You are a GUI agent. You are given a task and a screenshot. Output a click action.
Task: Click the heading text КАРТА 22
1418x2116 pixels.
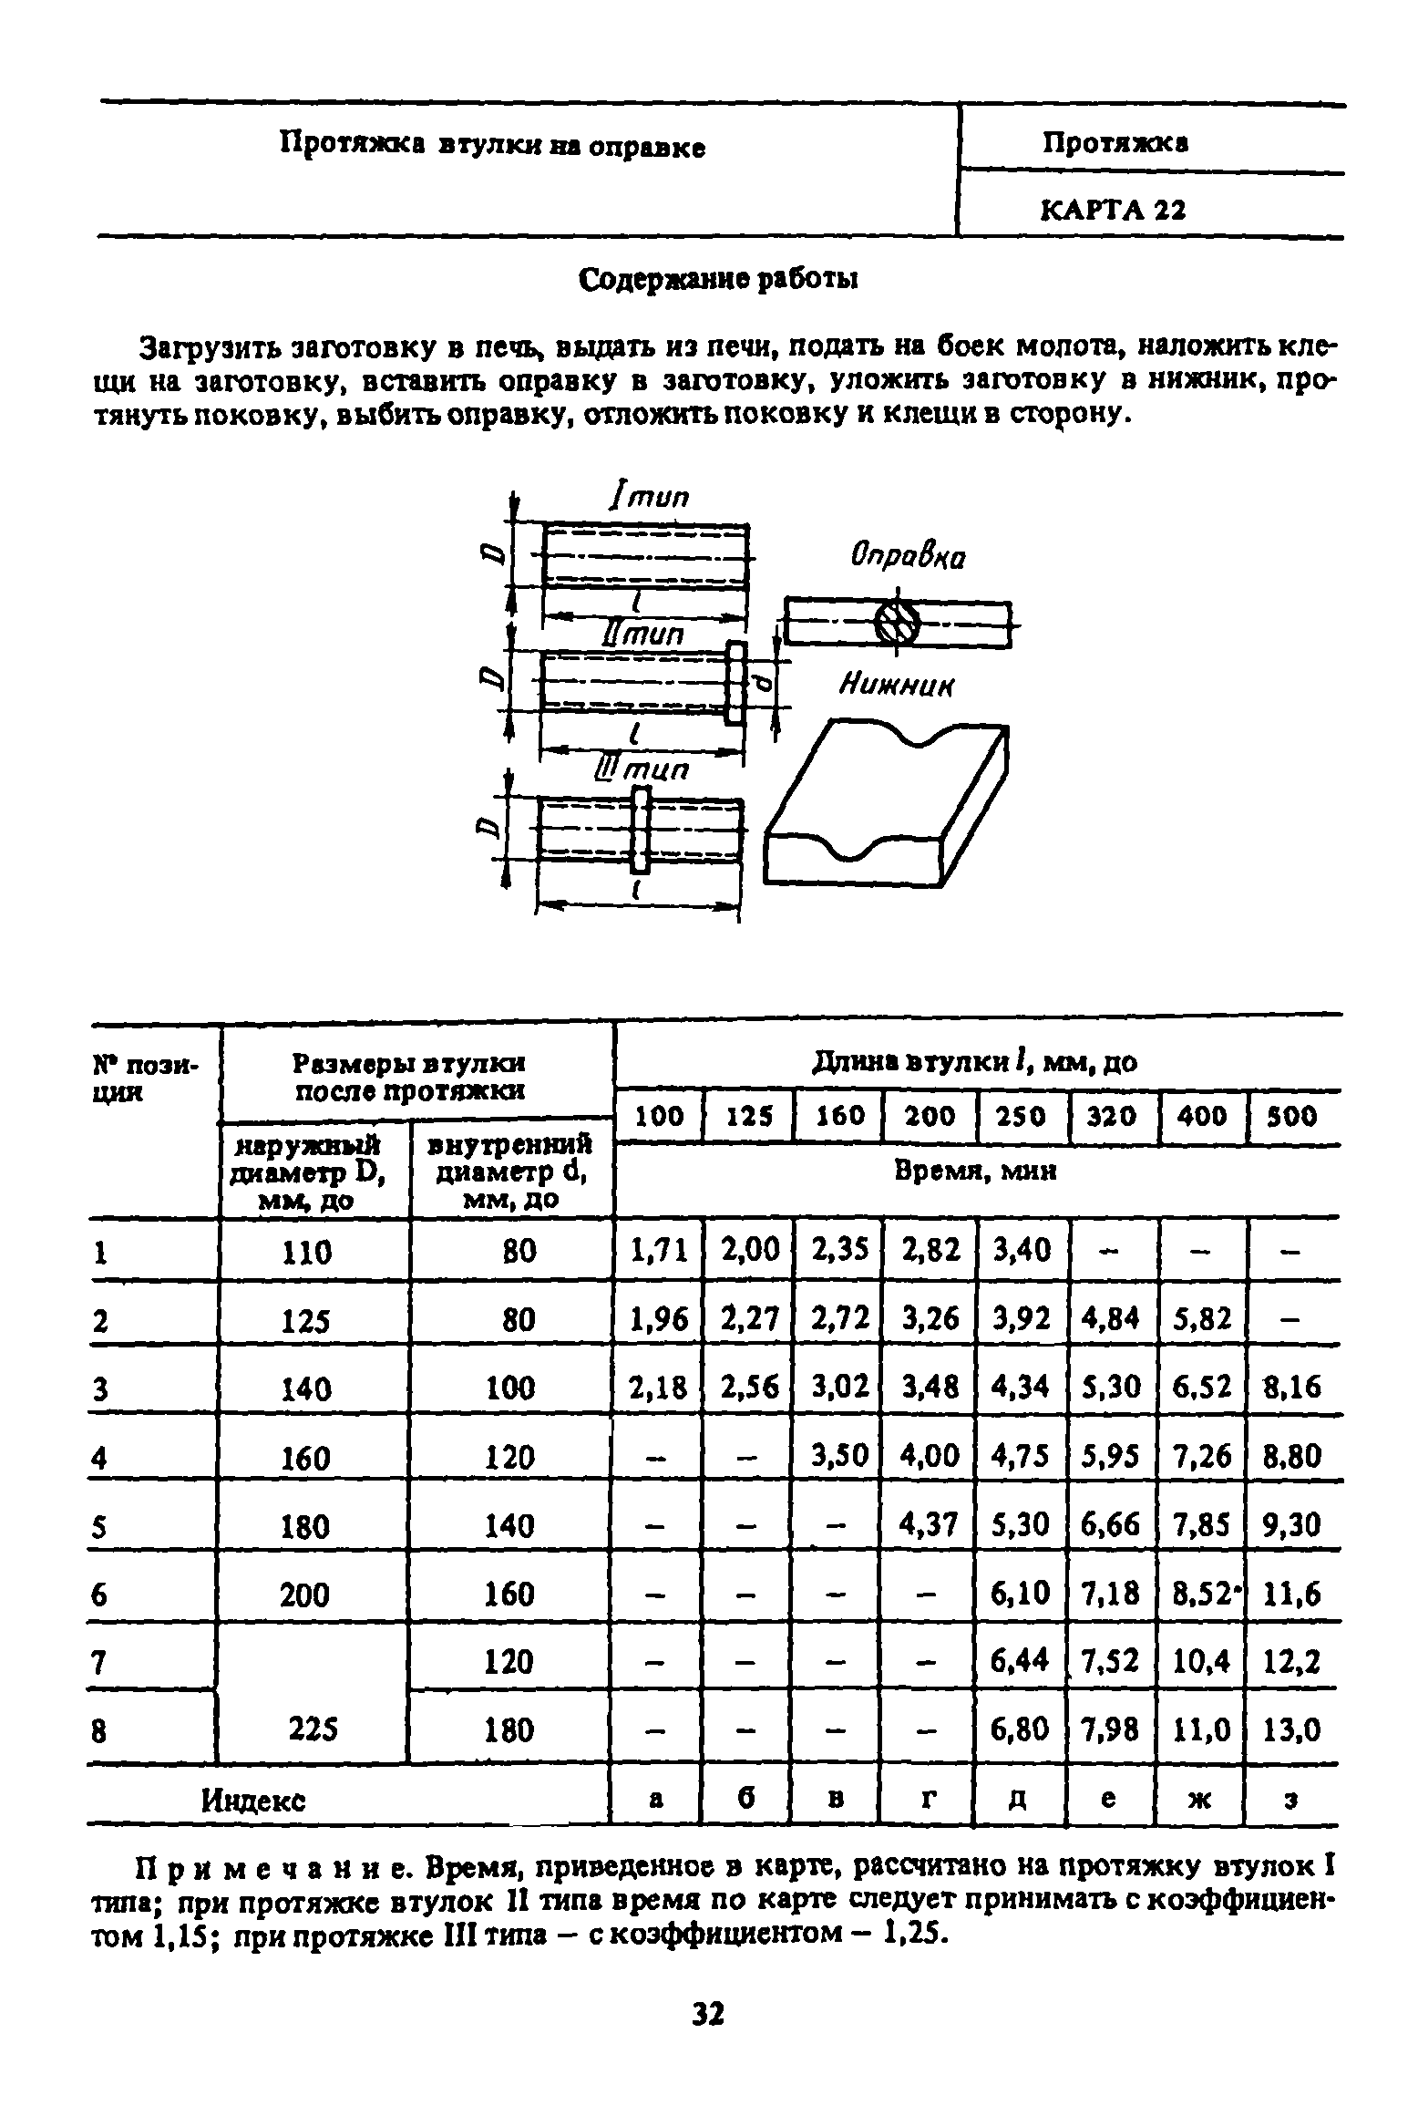pyautogui.click(x=1113, y=211)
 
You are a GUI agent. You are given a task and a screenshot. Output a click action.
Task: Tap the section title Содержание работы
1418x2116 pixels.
pyautogui.click(x=720, y=280)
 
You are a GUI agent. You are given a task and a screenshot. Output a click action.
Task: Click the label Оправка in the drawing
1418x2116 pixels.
pyautogui.click(x=908, y=555)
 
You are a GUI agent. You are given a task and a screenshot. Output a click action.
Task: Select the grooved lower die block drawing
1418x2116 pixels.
pyautogui.click(x=889, y=803)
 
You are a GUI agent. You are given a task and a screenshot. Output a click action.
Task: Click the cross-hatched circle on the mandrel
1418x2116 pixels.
pyautogui.click(x=897, y=624)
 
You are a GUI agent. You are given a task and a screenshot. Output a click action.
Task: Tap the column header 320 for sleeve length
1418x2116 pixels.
pyautogui.click(x=1113, y=1116)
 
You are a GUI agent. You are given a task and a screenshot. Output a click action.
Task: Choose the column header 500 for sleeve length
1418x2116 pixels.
pyautogui.click(x=1292, y=1116)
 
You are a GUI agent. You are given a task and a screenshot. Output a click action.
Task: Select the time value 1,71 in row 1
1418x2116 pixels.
pyautogui.click(x=659, y=1250)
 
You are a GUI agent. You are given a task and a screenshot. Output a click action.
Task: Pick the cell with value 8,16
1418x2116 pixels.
pyautogui.click(x=1292, y=1388)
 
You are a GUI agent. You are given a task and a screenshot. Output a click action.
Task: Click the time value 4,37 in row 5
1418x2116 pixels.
pyautogui.click(x=930, y=1524)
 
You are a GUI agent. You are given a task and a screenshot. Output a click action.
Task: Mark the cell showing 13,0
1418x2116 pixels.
pyautogui.click(x=1292, y=1729)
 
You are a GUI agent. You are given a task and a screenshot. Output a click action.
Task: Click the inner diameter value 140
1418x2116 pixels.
pyautogui.click(x=509, y=1525)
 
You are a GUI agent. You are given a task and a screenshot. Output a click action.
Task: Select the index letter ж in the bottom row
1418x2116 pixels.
pyautogui.click(x=1200, y=1798)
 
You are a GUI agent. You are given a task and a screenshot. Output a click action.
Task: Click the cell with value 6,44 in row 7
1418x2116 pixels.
pyautogui.click(x=1021, y=1661)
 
